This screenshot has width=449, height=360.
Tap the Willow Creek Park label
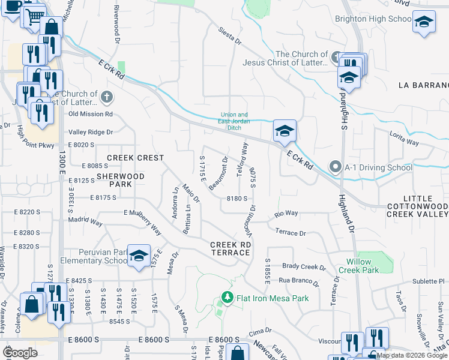tap(364, 266)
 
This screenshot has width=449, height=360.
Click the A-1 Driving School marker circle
tap(334, 167)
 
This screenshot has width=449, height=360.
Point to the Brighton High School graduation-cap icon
tap(424, 22)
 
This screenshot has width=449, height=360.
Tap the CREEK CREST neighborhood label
tap(135, 158)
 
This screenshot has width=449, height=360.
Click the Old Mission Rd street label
tap(91, 113)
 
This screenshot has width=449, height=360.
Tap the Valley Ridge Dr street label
tap(91, 132)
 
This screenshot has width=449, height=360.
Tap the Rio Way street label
tap(286, 213)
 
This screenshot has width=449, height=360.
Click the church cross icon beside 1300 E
tap(107, 96)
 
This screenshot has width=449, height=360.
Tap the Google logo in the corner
tap(21, 353)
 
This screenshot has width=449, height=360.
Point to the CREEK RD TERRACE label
tap(230, 248)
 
